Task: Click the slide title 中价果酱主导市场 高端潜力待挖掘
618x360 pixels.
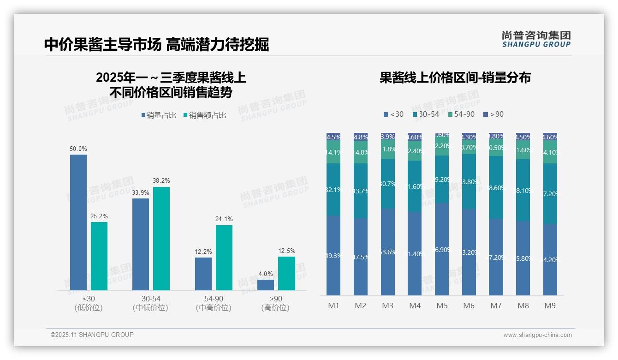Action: click(156, 44)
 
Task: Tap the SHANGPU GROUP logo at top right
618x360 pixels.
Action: click(536, 39)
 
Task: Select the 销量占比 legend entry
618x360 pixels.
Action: click(159, 115)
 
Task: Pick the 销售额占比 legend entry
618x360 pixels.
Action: click(205, 115)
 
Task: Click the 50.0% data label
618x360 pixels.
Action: click(78, 149)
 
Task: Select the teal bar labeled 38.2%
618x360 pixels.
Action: click(161, 238)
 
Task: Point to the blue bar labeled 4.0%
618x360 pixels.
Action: click(266, 285)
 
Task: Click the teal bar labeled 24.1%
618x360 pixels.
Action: click(224, 258)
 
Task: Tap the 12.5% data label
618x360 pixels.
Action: click(286, 251)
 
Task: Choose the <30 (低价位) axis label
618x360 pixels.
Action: click(88, 303)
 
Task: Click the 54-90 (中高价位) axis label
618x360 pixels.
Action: click(214, 303)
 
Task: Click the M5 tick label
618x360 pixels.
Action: click(442, 306)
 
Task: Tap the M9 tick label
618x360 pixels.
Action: click(550, 306)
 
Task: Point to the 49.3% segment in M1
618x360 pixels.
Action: click(333, 255)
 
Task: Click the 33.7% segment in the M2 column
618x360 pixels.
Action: click(361, 191)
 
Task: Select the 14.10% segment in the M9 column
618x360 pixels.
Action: click(550, 152)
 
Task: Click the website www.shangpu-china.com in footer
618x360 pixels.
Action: click(537, 335)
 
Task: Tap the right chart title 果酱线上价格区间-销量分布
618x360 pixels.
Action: click(455, 78)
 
